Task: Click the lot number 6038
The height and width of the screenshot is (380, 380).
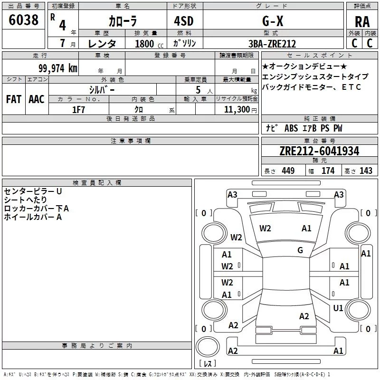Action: [24, 20]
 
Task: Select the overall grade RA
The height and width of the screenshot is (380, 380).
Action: [362, 21]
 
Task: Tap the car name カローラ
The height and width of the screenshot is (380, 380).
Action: [122, 21]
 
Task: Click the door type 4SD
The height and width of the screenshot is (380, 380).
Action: [180, 21]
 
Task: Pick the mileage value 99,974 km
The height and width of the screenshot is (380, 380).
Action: [57, 68]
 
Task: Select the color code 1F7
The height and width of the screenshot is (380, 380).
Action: [78, 110]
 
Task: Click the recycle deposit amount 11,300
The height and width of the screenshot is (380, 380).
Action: [237, 110]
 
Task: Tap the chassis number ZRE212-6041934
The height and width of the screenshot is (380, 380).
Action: [319, 151]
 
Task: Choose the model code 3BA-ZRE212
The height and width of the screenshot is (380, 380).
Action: [272, 44]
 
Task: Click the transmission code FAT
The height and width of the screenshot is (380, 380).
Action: [13, 99]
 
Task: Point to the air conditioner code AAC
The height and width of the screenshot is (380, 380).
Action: [36, 99]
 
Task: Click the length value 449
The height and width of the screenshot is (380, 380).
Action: [288, 171]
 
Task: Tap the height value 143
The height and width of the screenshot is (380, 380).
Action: [366, 171]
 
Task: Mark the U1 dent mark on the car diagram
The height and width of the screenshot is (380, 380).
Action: [338, 308]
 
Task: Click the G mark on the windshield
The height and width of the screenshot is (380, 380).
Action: [300, 250]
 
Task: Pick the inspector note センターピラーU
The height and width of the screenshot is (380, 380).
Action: [33, 191]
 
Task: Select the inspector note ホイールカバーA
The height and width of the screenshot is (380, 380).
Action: [33, 217]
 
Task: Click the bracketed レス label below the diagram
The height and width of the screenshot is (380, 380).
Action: [208, 364]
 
